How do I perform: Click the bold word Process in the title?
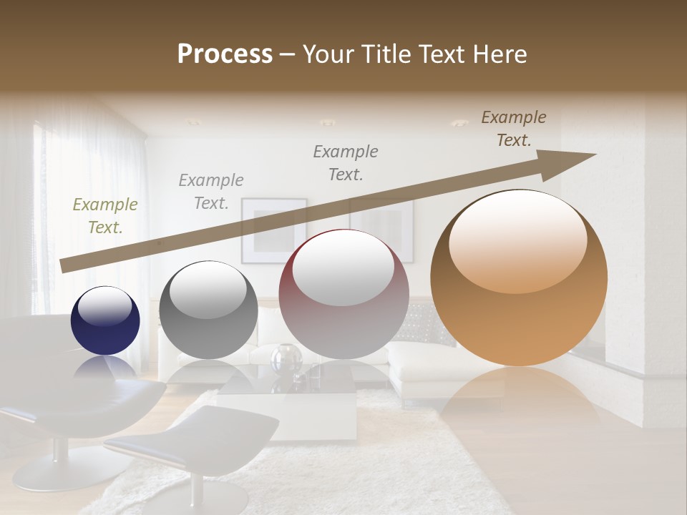[x=225, y=54]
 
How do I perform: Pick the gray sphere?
[x=208, y=310]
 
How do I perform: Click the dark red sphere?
[x=343, y=295]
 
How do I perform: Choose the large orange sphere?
[x=519, y=278]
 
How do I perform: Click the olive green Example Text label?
[x=105, y=216]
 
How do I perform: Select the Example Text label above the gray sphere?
[x=211, y=192]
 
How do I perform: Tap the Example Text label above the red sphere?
[x=346, y=162]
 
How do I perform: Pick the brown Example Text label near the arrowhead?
[x=514, y=129]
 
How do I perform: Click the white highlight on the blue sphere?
[x=104, y=305]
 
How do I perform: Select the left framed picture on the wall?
[x=273, y=230]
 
